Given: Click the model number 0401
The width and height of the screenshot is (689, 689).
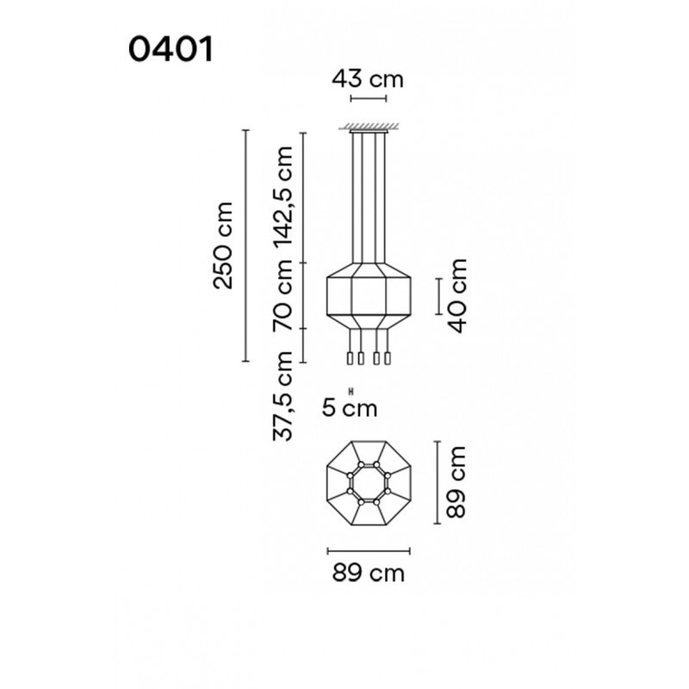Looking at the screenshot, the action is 171,49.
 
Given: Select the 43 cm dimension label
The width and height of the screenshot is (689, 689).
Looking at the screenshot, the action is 368,79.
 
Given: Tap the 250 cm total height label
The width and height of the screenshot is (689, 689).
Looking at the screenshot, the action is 223,245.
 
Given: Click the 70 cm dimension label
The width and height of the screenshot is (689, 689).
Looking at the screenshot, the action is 282,295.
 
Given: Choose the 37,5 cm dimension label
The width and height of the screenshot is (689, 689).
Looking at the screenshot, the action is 282,395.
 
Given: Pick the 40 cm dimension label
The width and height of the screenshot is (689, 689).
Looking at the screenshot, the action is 456,295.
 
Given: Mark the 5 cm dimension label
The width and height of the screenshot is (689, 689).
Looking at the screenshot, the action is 350,408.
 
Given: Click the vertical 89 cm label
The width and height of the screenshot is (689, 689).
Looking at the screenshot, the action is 456,482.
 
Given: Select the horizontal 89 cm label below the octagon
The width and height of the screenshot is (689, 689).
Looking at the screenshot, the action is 369,574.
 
